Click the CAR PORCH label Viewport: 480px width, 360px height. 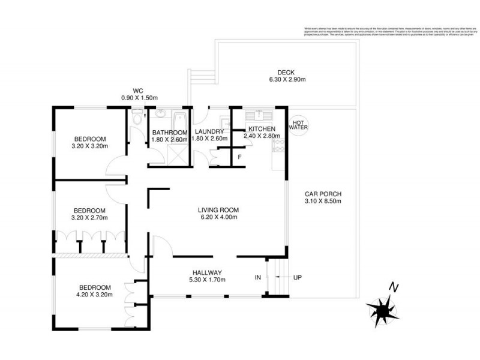tap(323, 194)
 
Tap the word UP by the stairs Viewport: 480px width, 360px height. tap(298, 278)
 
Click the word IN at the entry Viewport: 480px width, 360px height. tap(258, 278)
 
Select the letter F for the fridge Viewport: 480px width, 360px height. tap(240, 157)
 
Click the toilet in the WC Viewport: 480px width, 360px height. tap(137, 116)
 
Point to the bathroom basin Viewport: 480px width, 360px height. tap(161, 114)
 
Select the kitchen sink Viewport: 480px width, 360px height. tap(259, 114)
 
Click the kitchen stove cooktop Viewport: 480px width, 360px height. tap(278, 144)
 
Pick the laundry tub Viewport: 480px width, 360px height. tap(224, 117)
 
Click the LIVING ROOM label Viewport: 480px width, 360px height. tap(218, 210)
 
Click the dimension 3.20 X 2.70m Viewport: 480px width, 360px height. tap(89, 218)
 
